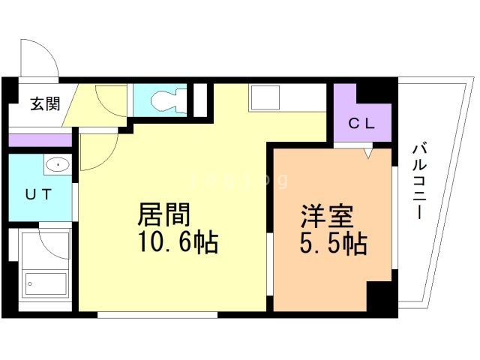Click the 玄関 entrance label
pyautogui.click(x=45, y=104)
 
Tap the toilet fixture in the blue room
pyautogui.click(x=163, y=100)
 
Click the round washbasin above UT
pyautogui.click(x=57, y=165)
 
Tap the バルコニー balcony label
pyautogui.click(x=418, y=180)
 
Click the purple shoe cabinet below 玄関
pyautogui.click(x=40, y=139)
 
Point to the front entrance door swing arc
pyautogui.click(x=43, y=54)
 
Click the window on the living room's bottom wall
pyautogui.click(x=157, y=314)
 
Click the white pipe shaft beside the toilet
pyautogui.click(x=199, y=100)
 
